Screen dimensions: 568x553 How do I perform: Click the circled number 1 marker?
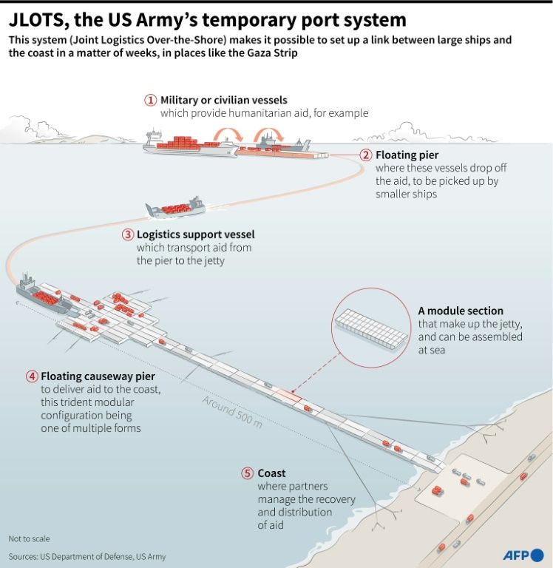(x=151, y=100)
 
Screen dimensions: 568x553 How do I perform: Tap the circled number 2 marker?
(x=365, y=155)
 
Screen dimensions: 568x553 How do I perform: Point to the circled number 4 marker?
(x=32, y=376)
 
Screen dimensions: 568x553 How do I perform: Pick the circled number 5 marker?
(x=248, y=473)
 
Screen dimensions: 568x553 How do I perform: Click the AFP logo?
(x=523, y=554)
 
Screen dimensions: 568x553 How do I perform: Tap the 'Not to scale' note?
(x=30, y=538)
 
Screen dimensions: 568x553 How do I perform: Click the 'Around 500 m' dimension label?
(x=232, y=411)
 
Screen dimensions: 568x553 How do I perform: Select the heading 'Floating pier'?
(x=407, y=155)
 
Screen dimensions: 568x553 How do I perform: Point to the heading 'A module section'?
(x=461, y=311)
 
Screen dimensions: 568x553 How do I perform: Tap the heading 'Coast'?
(x=271, y=473)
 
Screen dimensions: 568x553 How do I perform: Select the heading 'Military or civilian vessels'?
(x=224, y=100)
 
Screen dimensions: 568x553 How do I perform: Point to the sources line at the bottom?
(x=87, y=556)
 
